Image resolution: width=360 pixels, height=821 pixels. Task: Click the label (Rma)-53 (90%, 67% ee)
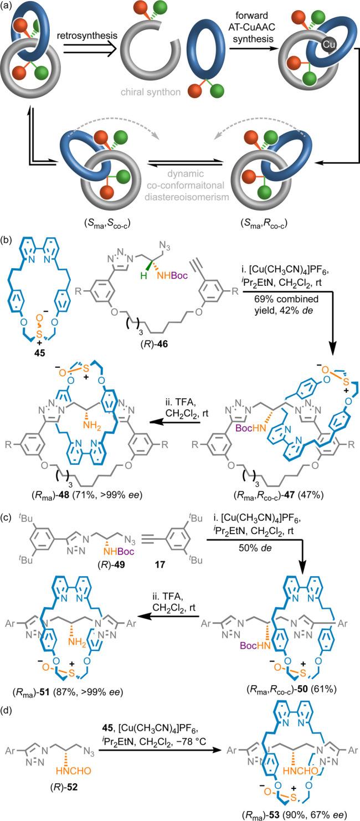tap(291, 812)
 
